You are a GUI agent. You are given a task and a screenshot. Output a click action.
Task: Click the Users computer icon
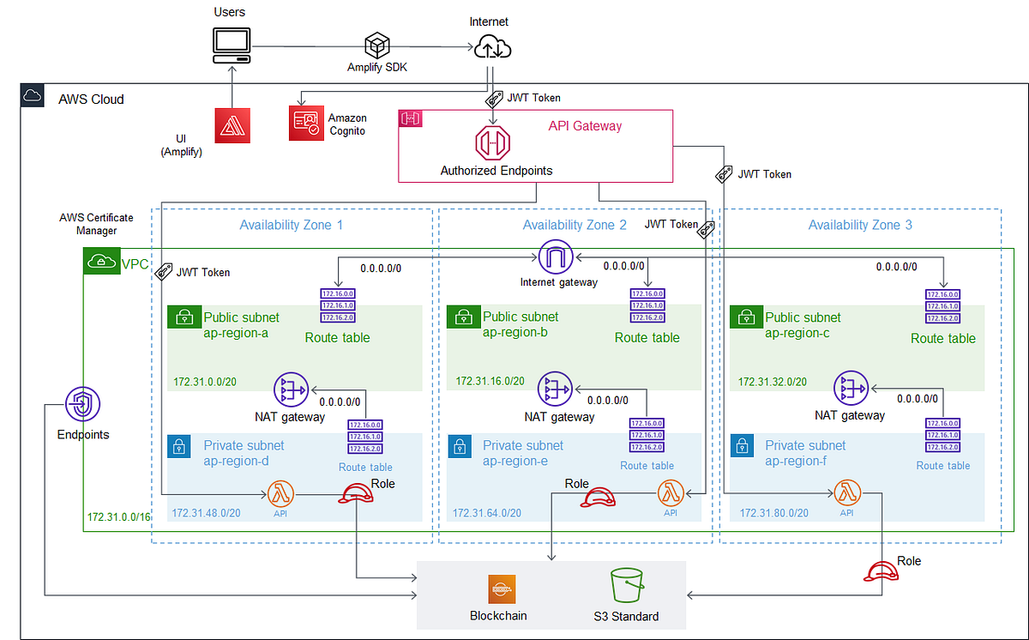pyautogui.click(x=231, y=45)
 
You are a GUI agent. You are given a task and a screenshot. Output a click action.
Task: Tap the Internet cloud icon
pyautogui.click(x=492, y=45)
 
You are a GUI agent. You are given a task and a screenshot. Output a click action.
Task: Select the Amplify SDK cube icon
pyautogui.click(x=376, y=45)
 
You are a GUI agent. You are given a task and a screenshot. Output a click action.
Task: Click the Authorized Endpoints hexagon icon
pyautogui.click(x=492, y=142)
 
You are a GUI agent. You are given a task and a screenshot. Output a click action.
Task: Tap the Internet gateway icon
pyautogui.click(x=555, y=256)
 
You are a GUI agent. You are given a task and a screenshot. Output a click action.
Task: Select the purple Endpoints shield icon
pyautogui.click(x=83, y=402)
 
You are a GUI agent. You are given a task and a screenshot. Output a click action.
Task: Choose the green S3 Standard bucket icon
pyautogui.click(x=626, y=587)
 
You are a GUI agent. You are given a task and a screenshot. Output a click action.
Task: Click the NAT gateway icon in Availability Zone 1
pyautogui.click(x=291, y=390)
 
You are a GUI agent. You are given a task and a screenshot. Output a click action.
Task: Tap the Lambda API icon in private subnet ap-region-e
pyautogui.click(x=671, y=493)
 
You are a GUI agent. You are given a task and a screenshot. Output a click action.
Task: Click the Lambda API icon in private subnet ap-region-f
pyautogui.click(x=846, y=493)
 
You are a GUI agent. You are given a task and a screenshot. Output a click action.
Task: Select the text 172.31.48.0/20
pyautogui.click(x=206, y=513)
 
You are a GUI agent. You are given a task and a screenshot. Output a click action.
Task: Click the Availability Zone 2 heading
pyautogui.click(x=575, y=225)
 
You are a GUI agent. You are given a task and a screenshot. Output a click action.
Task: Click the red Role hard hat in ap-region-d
pyautogui.click(x=354, y=494)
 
